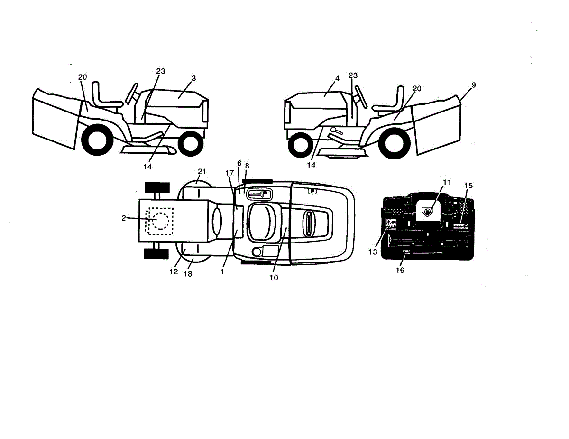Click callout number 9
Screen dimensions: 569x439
473,85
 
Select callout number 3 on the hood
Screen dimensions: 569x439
193,77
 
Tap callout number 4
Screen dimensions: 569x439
337,77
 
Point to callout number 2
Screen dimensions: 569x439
123,218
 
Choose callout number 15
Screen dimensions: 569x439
468,185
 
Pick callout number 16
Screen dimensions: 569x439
400,270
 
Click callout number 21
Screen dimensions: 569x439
202,171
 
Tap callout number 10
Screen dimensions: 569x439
274,278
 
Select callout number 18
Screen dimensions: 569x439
188,274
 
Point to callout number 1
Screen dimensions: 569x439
222,272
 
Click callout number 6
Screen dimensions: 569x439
239,163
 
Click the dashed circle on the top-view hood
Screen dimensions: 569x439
160,221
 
